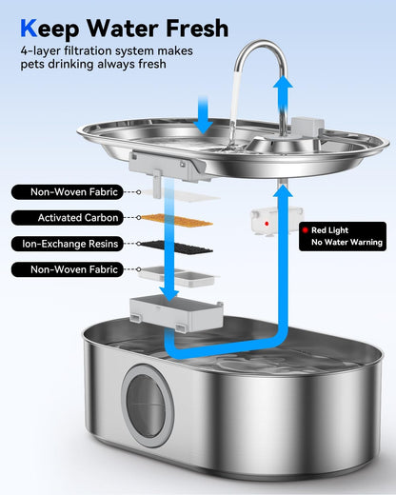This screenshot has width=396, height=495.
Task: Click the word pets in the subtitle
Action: tap(35, 66)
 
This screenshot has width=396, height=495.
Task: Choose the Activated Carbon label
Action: tap(74, 218)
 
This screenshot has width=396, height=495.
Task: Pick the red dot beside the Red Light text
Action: tap(304, 229)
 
